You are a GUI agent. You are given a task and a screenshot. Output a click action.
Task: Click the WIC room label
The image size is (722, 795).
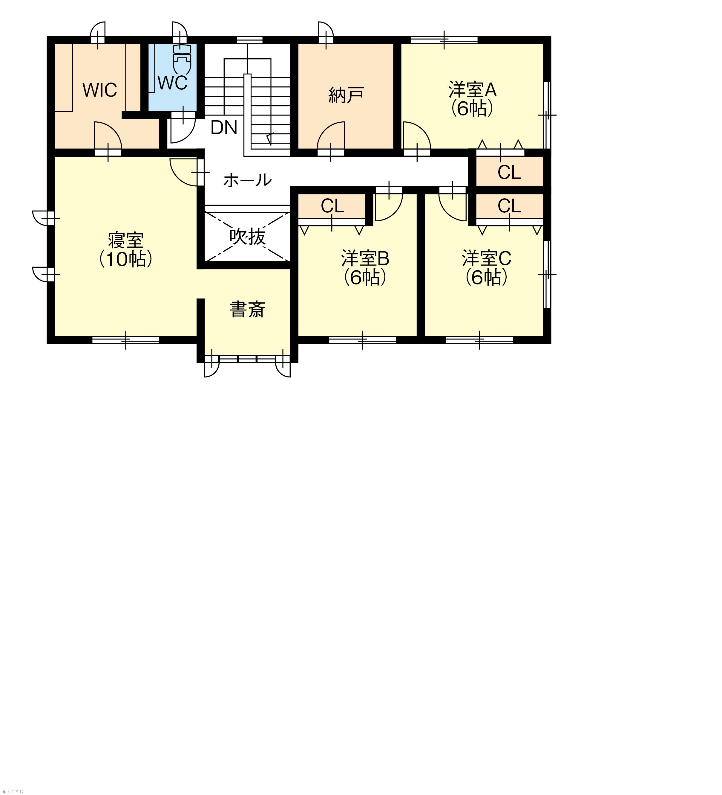click(100, 90)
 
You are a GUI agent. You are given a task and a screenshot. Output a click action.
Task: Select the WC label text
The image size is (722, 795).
click(173, 83)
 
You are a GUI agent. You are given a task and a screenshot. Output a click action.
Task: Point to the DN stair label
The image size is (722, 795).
click(224, 127)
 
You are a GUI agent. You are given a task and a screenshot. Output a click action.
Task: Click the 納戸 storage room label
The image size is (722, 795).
click(346, 95)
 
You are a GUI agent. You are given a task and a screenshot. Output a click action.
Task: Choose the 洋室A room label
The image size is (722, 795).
click(472, 90)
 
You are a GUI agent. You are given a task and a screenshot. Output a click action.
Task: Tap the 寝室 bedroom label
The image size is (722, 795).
click(126, 240)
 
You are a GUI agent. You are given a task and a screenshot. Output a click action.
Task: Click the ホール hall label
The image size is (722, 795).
click(247, 180)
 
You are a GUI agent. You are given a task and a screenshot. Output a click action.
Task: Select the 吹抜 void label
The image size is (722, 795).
click(247, 237)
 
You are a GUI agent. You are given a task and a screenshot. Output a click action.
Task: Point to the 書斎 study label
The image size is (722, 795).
click(247, 310)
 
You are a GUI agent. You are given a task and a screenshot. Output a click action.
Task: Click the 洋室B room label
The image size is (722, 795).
click(365, 259)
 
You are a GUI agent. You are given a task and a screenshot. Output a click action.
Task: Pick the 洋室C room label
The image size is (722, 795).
click(486, 259)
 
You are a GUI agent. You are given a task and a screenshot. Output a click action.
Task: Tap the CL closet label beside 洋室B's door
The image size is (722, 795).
click(332, 206)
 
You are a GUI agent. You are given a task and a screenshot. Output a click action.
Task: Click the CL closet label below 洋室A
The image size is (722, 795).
click(509, 172)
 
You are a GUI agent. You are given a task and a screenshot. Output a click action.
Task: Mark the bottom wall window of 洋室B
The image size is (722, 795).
click(362, 340)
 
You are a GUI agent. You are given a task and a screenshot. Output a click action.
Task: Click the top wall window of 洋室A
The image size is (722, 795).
click(444, 40)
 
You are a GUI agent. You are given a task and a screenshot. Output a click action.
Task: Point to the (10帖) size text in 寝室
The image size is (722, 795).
click(126, 260)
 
